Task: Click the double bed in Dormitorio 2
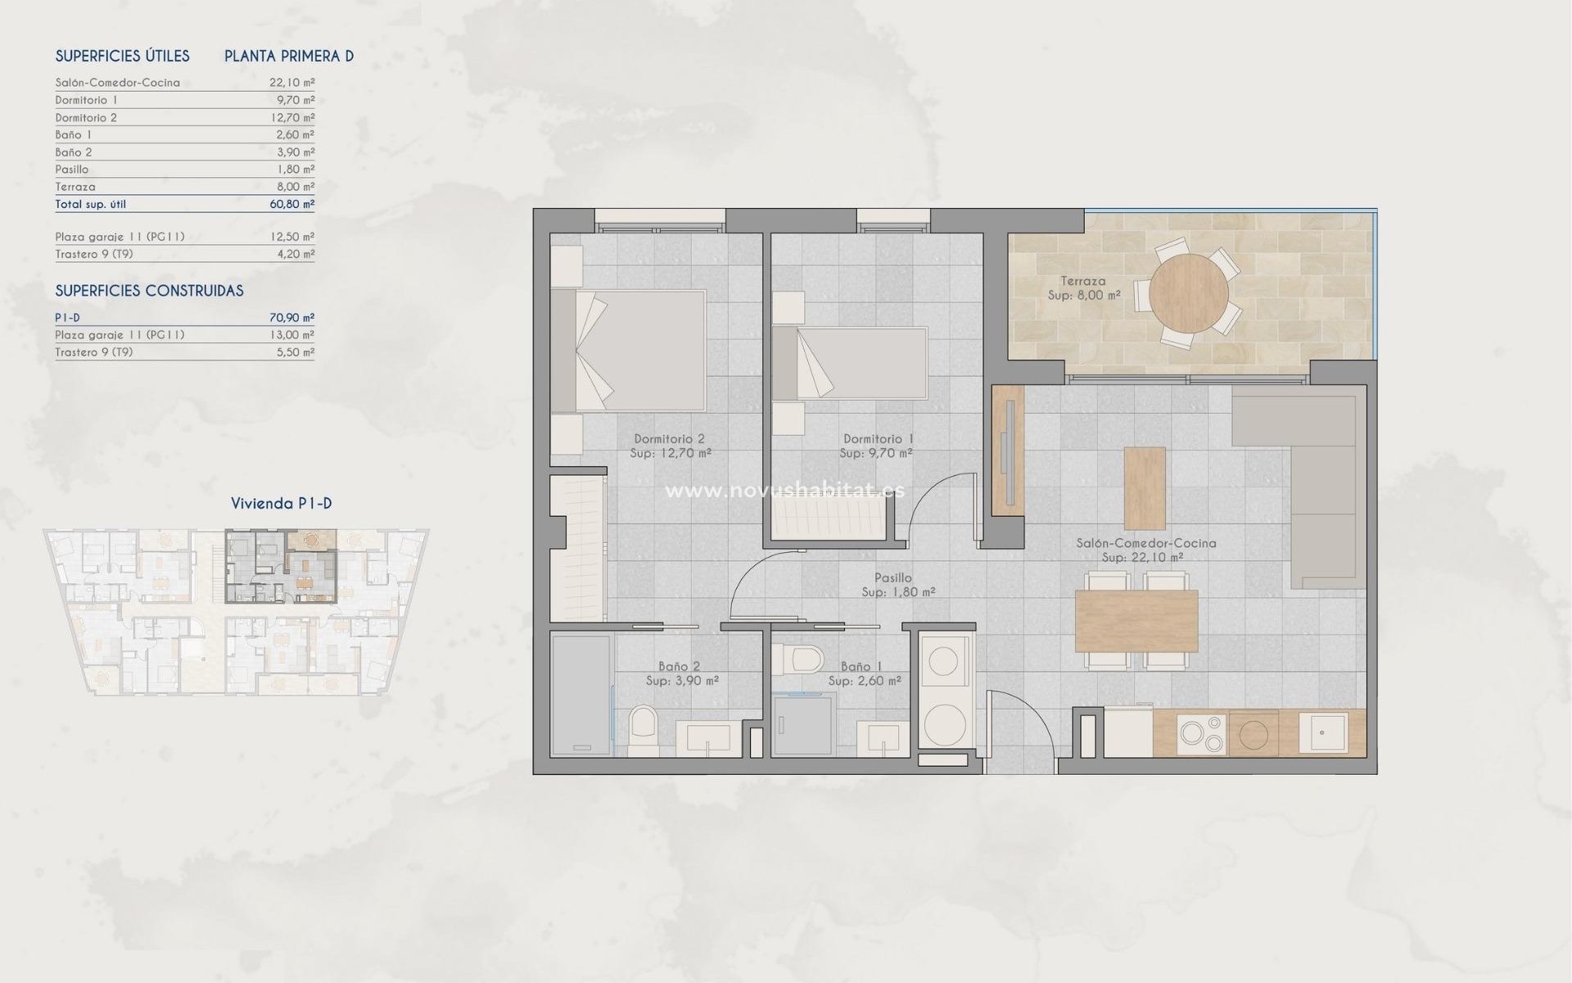(629, 351)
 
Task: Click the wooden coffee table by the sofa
(1144, 488)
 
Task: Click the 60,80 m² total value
(292, 204)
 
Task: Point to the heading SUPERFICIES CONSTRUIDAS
(149, 291)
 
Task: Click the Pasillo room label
(892, 578)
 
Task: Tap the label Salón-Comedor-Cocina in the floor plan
(1146, 543)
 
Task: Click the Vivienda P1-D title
(281, 504)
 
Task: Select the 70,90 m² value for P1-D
(292, 318)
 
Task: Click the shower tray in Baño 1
(804, 725)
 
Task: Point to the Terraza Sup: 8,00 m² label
(1083, 288)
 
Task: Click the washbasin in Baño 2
(708, 737)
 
